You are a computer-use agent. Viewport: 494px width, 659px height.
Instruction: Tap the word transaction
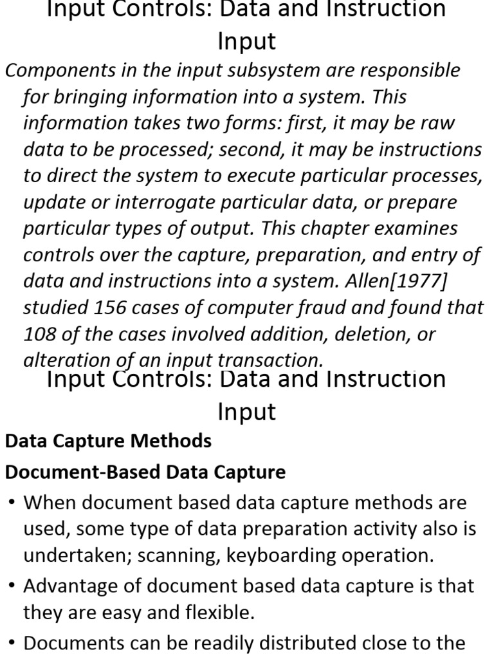[273, 360]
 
